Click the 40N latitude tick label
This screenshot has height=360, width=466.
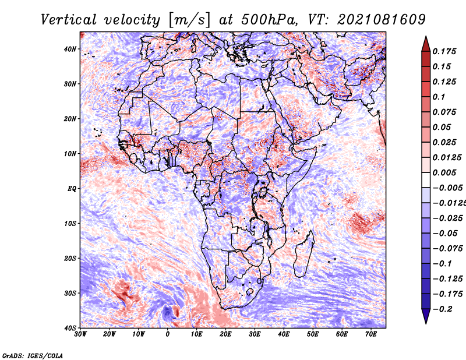(x=70, y=49)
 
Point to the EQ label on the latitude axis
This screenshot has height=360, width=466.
(x=70, y=189)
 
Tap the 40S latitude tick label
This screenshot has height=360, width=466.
(x=70, y=328)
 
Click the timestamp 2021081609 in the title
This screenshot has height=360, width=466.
(x=373, y=19)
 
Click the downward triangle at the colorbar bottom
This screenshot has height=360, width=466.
(x=425, y=316)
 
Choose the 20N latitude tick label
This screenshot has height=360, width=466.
(x=70, y=119)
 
